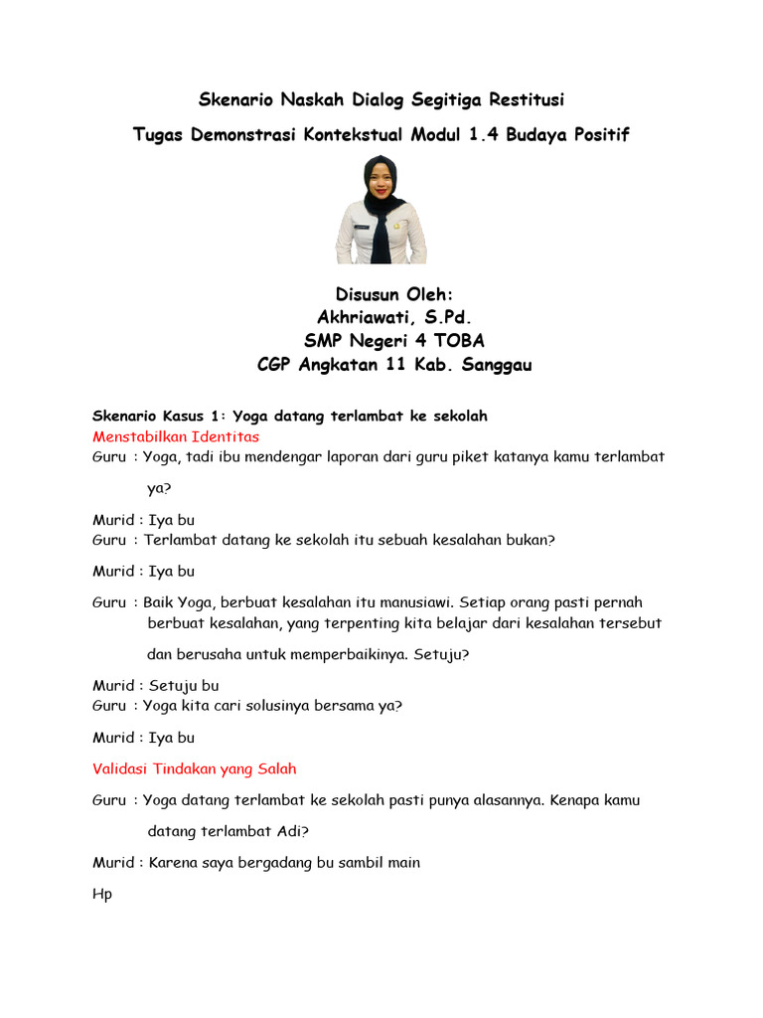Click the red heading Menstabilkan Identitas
point(176,436)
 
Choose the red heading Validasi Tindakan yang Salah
point(194,768)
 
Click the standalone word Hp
point(102,895)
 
